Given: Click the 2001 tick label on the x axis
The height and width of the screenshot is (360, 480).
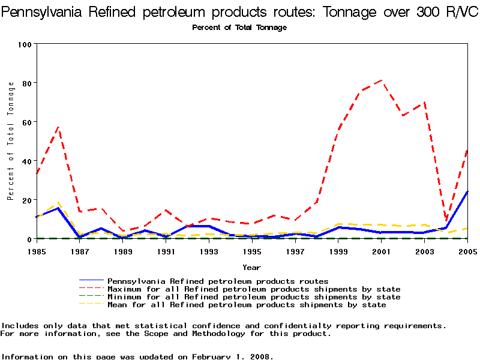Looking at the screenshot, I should (382, 251).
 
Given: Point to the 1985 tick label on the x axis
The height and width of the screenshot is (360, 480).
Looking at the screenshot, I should (37, 251).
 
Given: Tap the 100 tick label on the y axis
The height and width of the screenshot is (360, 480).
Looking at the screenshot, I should (25, 44).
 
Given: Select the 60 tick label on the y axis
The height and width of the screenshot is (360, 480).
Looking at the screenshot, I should (27, 122).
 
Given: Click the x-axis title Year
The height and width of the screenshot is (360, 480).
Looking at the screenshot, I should (251, 267).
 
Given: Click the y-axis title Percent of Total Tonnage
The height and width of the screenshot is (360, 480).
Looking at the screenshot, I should (11, 140).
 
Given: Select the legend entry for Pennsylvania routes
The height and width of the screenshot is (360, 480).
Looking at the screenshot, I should (217, 281).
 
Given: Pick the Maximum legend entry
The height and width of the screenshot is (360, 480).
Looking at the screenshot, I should (253, 289).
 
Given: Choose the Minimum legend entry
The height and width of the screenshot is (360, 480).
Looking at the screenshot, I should (253, 297).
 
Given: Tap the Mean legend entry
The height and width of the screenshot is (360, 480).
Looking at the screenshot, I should (246, 305).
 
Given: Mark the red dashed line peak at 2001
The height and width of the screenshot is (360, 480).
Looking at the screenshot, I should (382, 80).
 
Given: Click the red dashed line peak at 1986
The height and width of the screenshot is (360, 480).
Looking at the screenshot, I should (58, 127).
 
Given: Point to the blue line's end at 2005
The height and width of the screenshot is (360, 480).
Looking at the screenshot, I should (467, 191).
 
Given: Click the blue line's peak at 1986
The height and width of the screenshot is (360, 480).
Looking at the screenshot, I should (58, 208).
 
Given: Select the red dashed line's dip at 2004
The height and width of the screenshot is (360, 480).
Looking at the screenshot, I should (446, 221).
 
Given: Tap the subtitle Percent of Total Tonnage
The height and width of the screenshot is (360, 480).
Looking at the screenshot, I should (239, 28).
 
